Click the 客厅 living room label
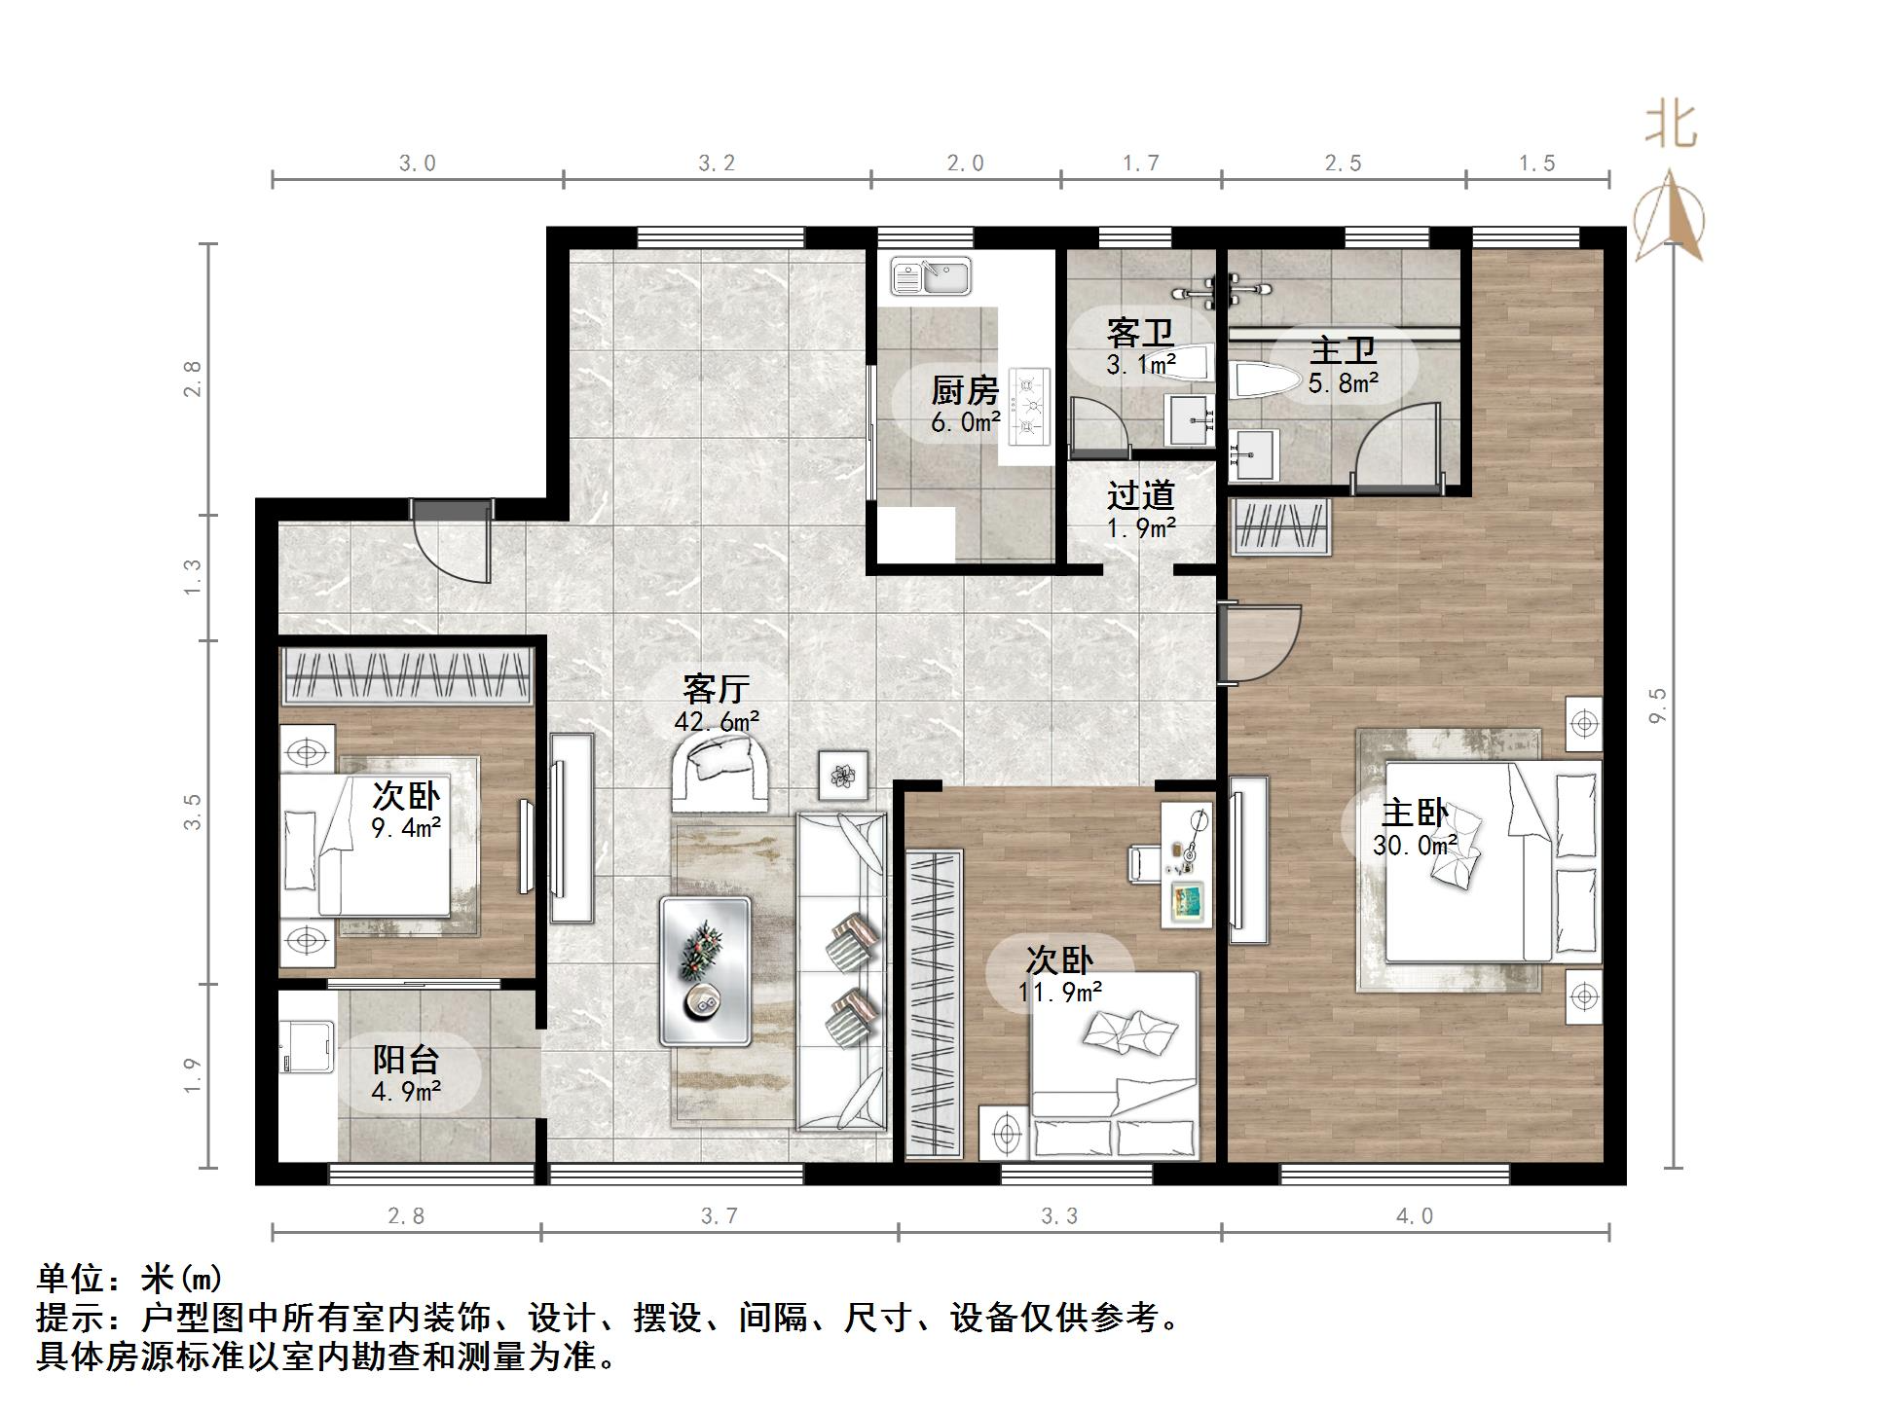click(x=716, y=689)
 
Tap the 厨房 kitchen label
click(x=965, y=391)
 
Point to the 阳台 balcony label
click(x=406, y=1060)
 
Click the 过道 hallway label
click(x=1140, y=495)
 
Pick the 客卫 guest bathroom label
click(x=1140, y=334)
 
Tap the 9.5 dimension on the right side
click(x=1658, y=705)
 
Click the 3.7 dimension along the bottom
click(x=720, y=1215)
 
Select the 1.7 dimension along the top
click(x=1140, y=163)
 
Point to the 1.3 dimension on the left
click(x=193, y=577)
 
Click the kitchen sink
click(x=930, y=276)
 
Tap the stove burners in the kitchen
click(x=1028, y=404)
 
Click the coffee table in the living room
click(x=705, y=970)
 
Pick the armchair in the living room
click(x=720, y=772)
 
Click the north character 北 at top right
click(x=1671, y=126)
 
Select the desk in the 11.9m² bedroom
click(x=1187, y=864)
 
